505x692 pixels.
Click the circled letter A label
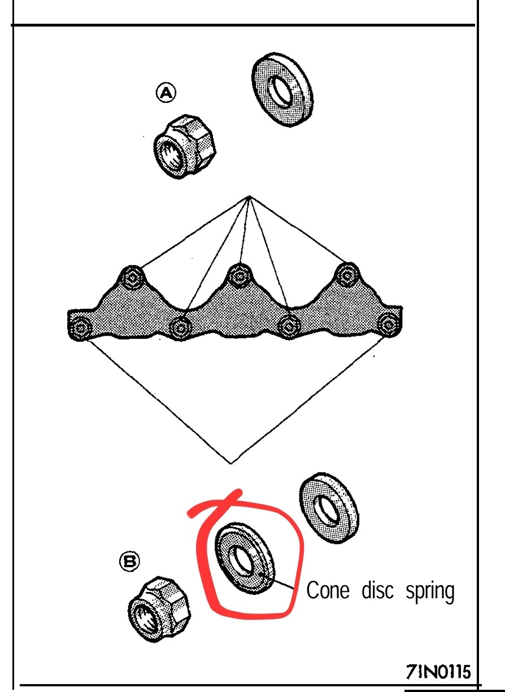pos(166,93)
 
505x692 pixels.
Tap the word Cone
pos(328,590)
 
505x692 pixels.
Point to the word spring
pos(430,592)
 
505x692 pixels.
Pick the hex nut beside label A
pos(185,146)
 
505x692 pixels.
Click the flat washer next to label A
pos(282,90)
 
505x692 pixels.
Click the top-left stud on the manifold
pos(132,277)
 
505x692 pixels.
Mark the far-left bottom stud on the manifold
pos(80,328)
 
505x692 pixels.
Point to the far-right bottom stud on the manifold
pos(389,325)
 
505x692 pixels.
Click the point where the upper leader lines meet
pos(249,197)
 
